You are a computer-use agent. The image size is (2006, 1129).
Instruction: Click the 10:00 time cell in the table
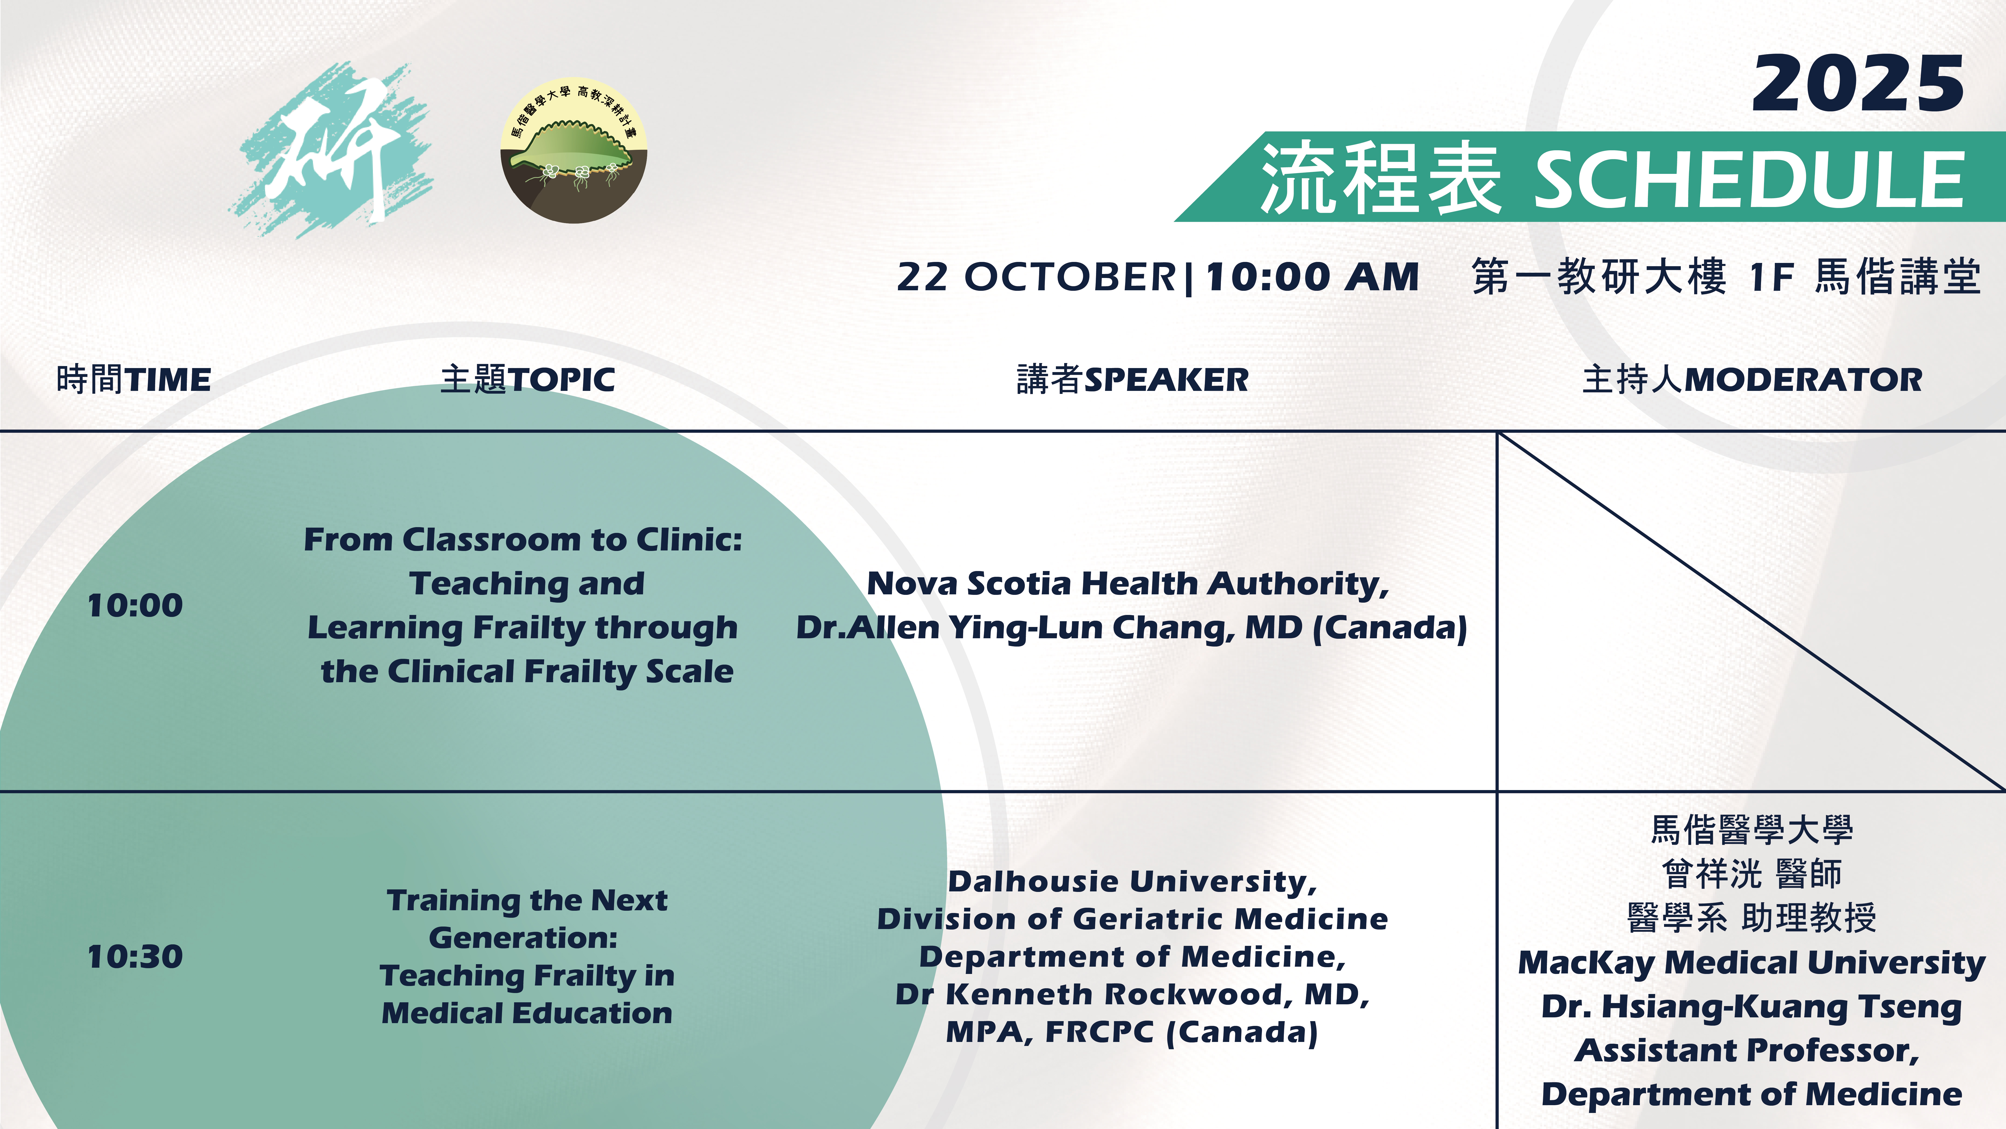point(135,605)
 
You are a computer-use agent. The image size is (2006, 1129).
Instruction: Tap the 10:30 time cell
point(135,957)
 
